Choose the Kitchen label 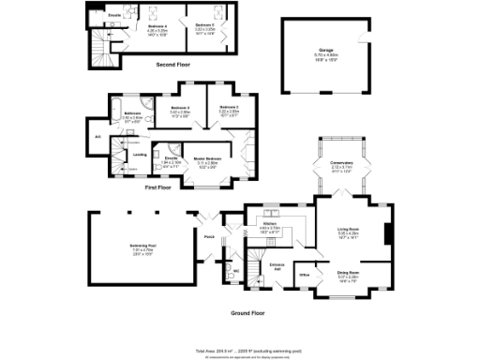[x=270, y=224]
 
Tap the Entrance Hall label [x=277, y=266]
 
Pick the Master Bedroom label [x=207, y=158]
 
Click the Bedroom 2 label [x=230, y=108]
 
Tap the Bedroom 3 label [x=181, y=108]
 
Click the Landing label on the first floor [x=139, y=154]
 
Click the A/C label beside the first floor [x=97, y=137]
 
